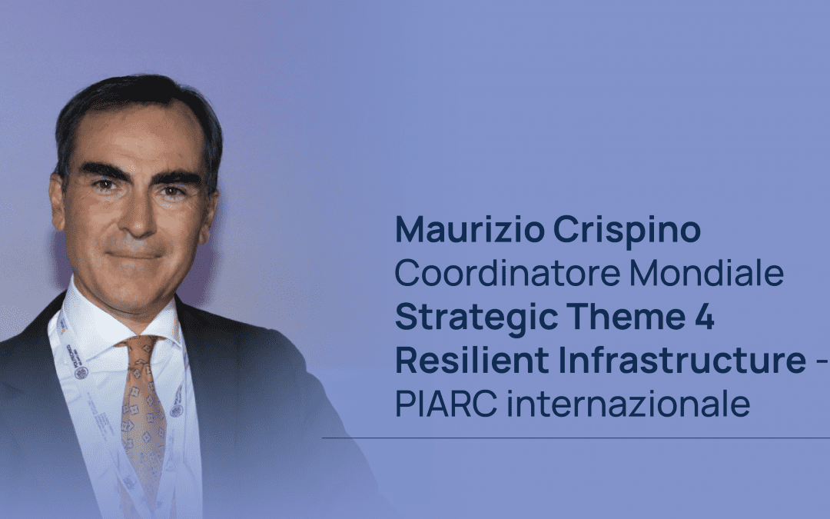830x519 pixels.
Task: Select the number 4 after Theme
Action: point(705,318)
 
